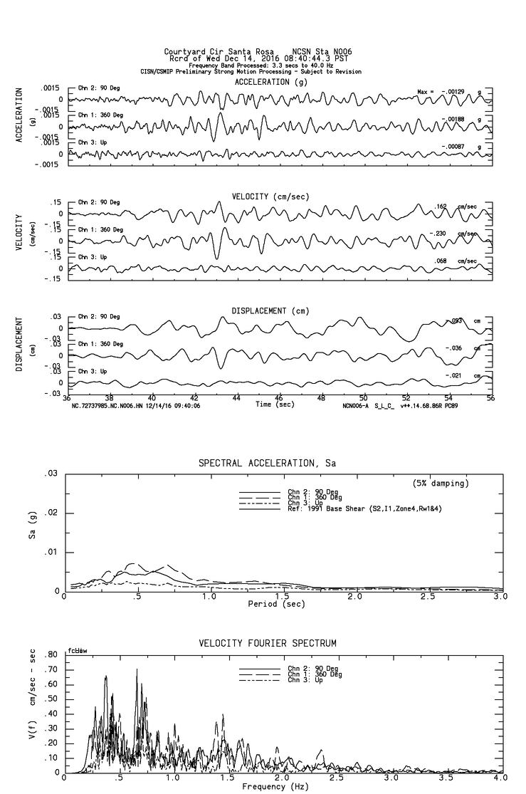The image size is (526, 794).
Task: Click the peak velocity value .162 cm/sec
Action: click(441, 207)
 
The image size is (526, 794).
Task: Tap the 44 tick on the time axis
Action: click(236, 399)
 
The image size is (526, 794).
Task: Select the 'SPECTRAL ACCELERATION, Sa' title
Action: click(267, 464)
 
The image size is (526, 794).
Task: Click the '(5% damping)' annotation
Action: click(441, 484)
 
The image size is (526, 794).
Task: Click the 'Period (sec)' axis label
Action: click(278, 603)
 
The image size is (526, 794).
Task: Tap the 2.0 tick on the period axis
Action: click(354, 596)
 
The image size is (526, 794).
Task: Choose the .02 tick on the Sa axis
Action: click(51, 513)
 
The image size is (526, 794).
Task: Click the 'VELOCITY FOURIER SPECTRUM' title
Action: click(267, 644)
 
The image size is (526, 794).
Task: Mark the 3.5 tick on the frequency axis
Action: click(446, 778)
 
